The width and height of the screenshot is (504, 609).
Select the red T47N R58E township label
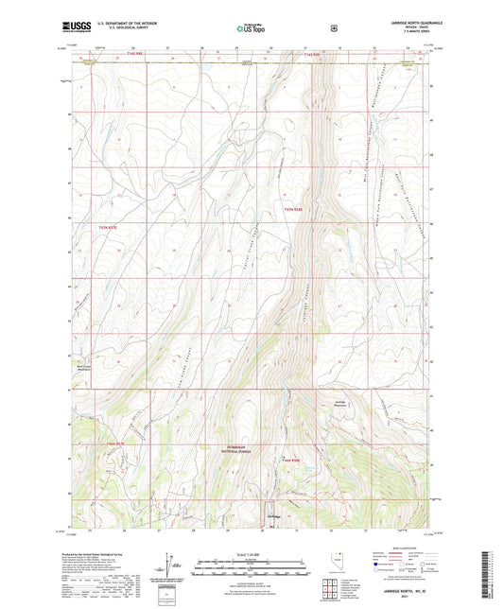pyautogui.click(x=293, y=210)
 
